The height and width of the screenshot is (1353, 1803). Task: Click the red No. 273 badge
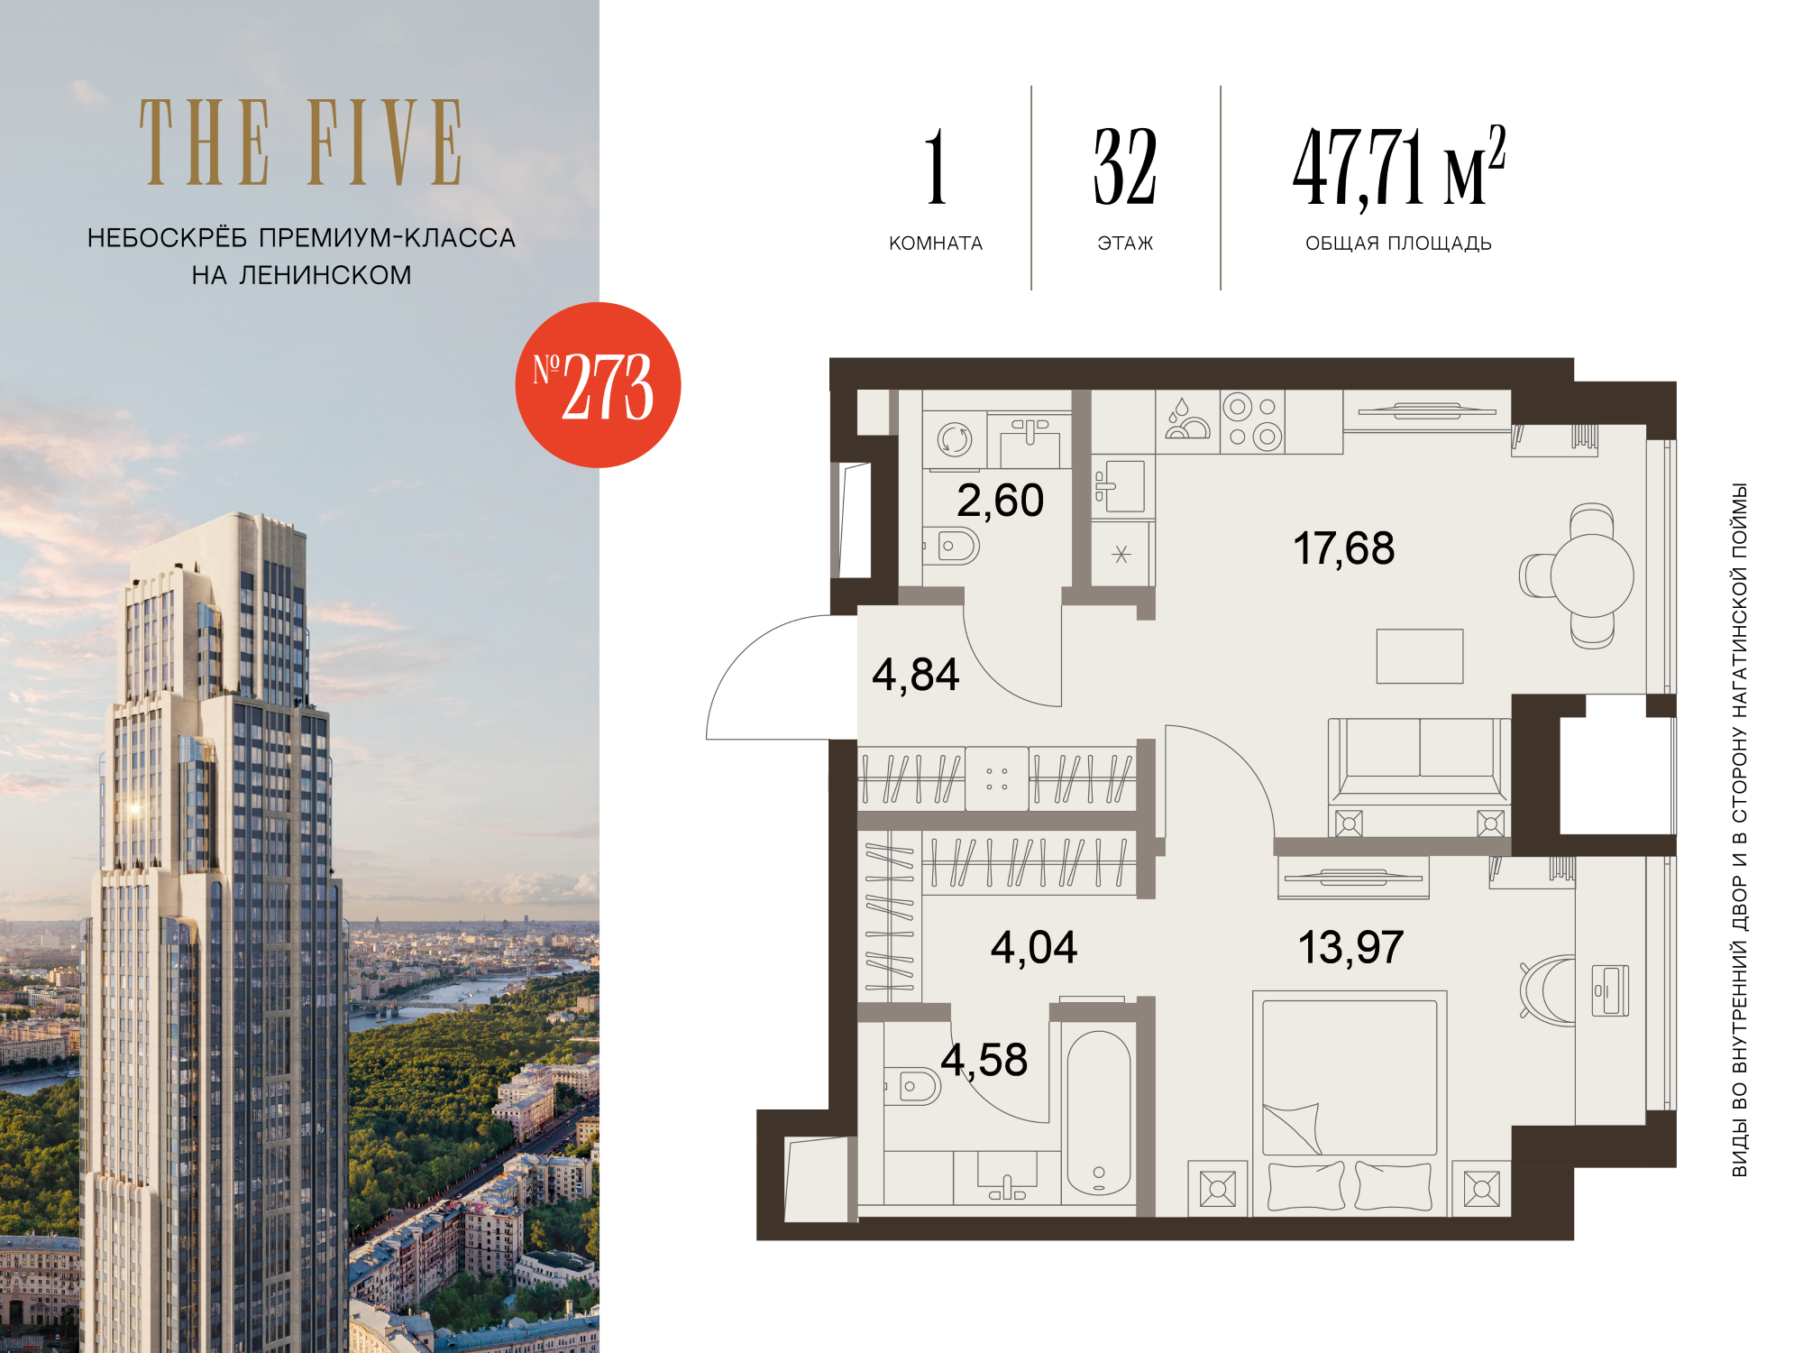click(598, 385)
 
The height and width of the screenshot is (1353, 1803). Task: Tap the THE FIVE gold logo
click(301, 143)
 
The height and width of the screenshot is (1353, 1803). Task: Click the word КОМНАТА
click(936, 244)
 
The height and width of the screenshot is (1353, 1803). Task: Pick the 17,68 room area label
click(1343, 548)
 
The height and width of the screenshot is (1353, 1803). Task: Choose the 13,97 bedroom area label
click(1350, 948)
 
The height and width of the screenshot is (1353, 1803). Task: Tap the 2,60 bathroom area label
click(1000, 501)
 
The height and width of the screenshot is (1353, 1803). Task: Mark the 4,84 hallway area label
click(915, 675)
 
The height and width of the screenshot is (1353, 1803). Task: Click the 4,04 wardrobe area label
click(1034, 948)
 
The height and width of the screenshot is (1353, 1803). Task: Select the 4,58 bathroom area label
click(984, 1060)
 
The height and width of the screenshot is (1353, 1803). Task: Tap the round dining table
click(1592, 575)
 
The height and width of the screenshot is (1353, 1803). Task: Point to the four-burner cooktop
click(1252, 421)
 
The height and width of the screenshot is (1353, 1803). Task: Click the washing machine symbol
click(954, 440)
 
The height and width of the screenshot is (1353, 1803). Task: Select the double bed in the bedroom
click(1350, 1103)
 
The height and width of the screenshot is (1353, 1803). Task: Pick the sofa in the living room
click(1419, 761)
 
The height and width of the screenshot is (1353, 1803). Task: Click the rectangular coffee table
click(1419, 656)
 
